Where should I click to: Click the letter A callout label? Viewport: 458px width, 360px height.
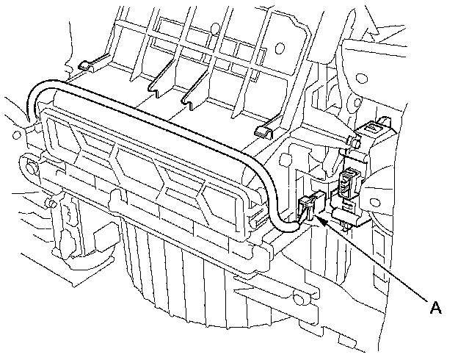(x=435, y=308)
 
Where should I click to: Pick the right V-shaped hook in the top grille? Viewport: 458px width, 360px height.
(x=195, y=94)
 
